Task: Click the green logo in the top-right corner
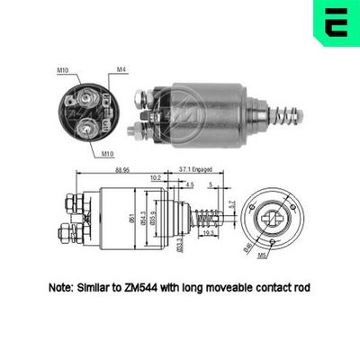[x=331, y=25]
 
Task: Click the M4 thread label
[x=121, y=69]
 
